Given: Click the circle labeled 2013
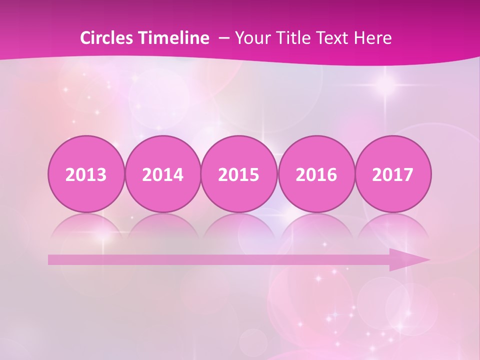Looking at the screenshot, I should pos(86,174).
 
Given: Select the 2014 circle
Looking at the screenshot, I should pos(162,174).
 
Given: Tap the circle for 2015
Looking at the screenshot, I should pos(239,174).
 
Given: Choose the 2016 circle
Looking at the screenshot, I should pos(316,174).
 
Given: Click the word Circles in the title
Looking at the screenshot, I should pos(106,38).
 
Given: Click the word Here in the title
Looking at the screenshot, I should pos(373,38).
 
